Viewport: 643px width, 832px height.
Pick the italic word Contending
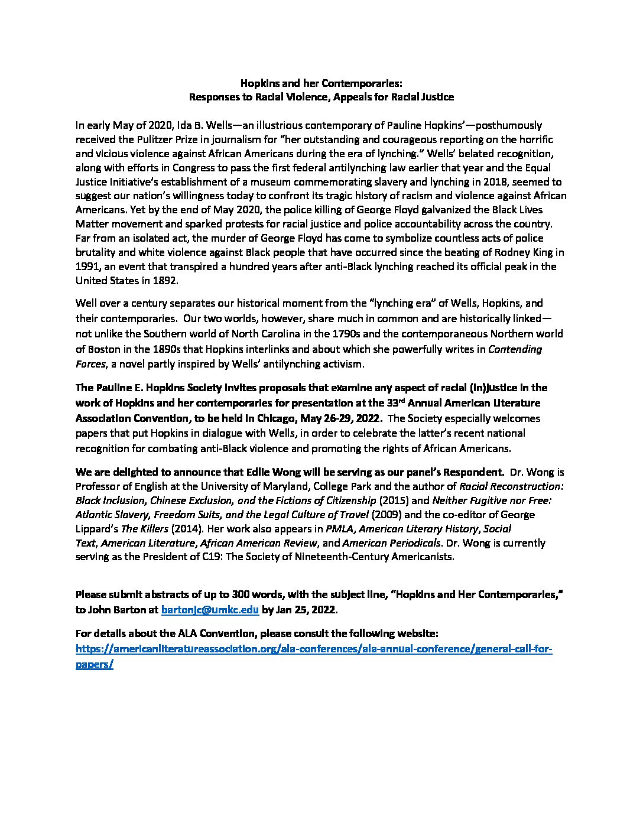point(515,349)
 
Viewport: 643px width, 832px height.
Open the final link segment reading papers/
point(95,663)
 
